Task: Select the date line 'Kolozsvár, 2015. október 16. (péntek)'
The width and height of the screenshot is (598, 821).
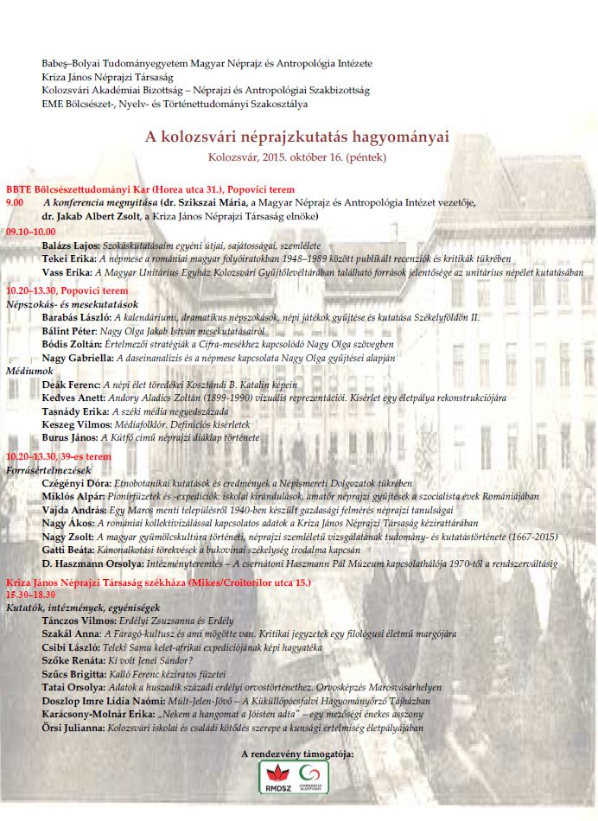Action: coord(297,157)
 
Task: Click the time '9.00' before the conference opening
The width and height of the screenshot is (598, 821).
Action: coord(15,201)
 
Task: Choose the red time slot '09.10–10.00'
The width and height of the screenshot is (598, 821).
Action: coord(30,232)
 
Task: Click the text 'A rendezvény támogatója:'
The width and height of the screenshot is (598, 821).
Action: coord(297,754)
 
